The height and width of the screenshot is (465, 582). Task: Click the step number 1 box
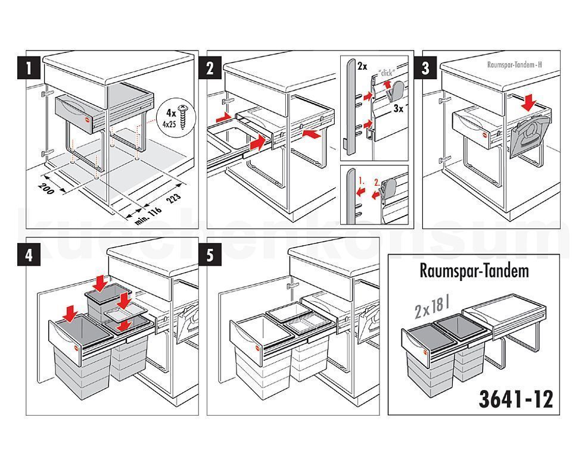(x=27, y=68)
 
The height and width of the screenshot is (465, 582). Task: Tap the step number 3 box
(x=425, y=68)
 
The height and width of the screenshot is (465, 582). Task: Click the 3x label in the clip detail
(x=398, y=110)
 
